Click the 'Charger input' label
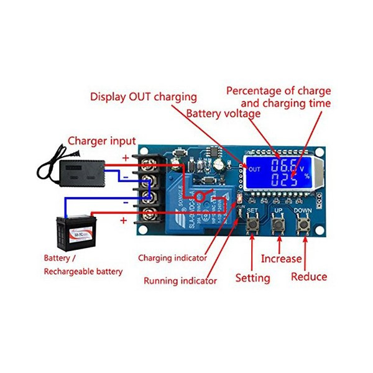coord(101,141)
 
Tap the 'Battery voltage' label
coord(223,114)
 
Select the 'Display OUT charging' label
coord(144,97)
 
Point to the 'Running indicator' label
coord(180,281)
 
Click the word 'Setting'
coord(252,278)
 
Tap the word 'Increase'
coord(280,259)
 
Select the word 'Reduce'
coord(309,277)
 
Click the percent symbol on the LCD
coord(306,177)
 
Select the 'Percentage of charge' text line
coord(278,91)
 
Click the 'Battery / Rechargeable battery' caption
coord(83,264)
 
